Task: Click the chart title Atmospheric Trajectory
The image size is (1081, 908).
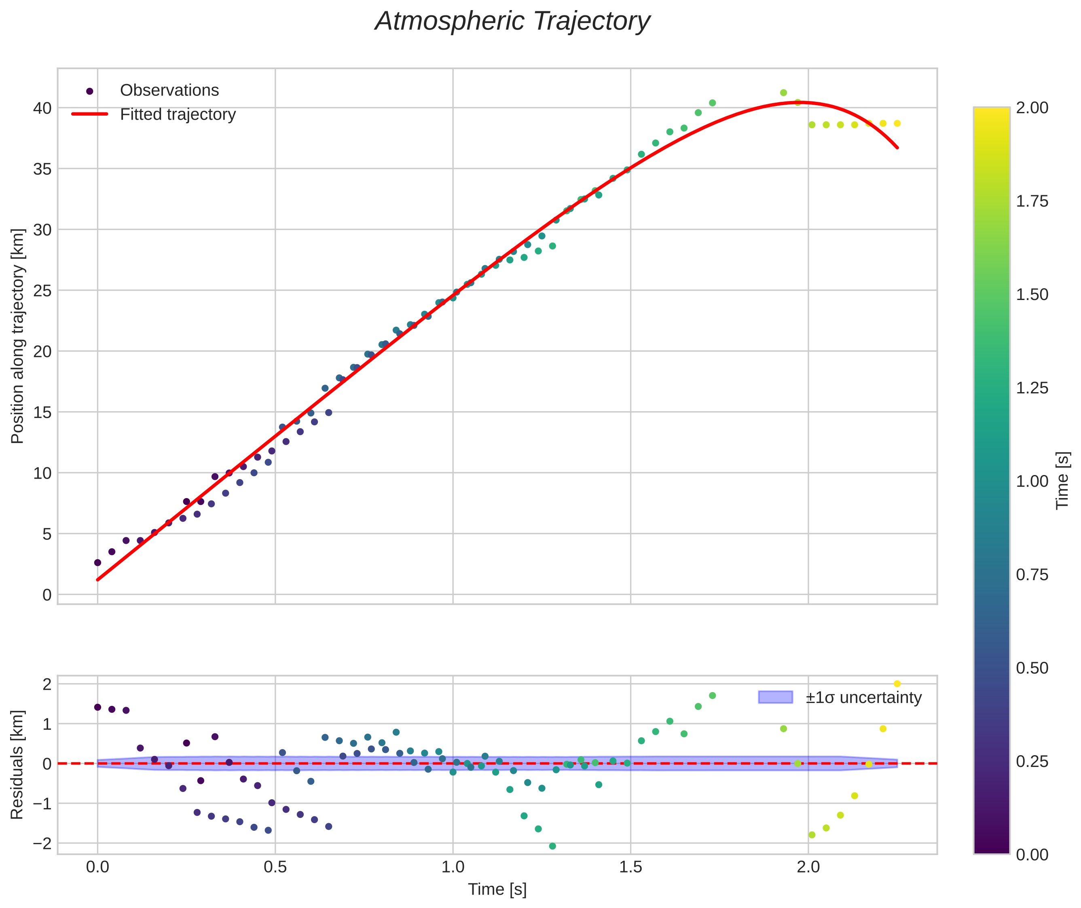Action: point(512,21)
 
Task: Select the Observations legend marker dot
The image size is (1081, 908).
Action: point(90,91)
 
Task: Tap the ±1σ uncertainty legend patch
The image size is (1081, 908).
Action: point(775,697)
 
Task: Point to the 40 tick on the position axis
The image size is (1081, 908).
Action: point(43,108)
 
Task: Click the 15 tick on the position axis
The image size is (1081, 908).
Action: point(43,412)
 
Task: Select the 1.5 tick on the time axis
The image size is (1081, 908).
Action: point(630,867)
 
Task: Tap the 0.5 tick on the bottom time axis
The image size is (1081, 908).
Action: point(275,867)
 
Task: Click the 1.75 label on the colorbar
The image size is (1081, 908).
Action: point(1032,201)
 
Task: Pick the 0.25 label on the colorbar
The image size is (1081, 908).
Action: point(1032,761)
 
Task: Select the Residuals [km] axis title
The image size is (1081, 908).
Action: point(17,764)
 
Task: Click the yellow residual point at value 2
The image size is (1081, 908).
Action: point(897,684)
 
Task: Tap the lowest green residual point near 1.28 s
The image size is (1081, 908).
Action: point(552,846)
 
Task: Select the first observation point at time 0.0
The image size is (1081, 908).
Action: point(98,563)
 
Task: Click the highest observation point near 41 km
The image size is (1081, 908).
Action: point(783,93)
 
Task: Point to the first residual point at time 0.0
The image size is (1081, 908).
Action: point(98,707)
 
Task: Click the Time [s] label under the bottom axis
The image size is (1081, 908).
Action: point(497,889)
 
